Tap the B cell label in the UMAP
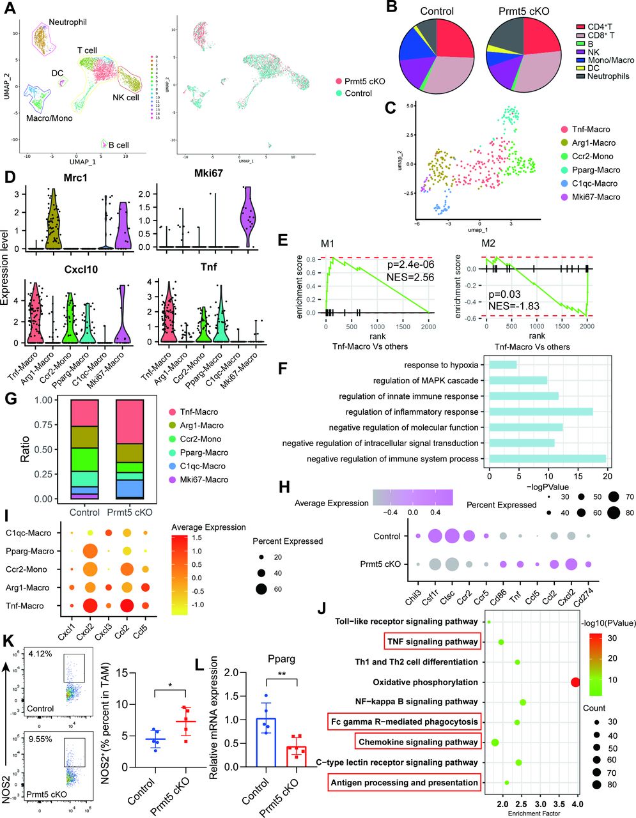pyautogui.click(x=118, y=145)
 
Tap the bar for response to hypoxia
pyautogui.click(x=502, y=365)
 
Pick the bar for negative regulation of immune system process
pyautogui.click(x=547, y=459)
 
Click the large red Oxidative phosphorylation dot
pyautogui.click(x=575, y=683)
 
